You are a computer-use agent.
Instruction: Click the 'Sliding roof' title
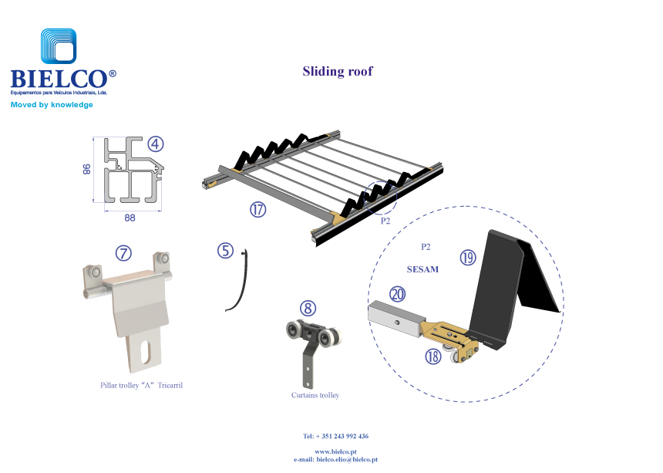point(338,72)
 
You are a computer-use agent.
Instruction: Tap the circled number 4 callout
point(156,144)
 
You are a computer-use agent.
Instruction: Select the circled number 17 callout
point(257,208)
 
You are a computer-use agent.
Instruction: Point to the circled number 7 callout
point(123,252)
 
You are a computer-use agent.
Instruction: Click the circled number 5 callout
point(225,251)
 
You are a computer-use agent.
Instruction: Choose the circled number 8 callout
point(308,309)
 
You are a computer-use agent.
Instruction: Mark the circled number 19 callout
point(467,258)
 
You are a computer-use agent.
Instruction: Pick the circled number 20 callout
point(398,294)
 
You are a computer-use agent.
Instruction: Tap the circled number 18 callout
point(433,355)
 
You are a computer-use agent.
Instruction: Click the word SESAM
point(422,269)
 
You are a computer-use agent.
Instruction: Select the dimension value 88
point(130,218)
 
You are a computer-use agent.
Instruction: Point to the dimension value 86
point(87,170)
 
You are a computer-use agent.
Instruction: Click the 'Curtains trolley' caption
point(315,395)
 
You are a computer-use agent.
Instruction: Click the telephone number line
point(335,436)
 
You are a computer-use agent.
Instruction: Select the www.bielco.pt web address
point(335,451)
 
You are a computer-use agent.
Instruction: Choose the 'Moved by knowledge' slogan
point(52,105)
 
